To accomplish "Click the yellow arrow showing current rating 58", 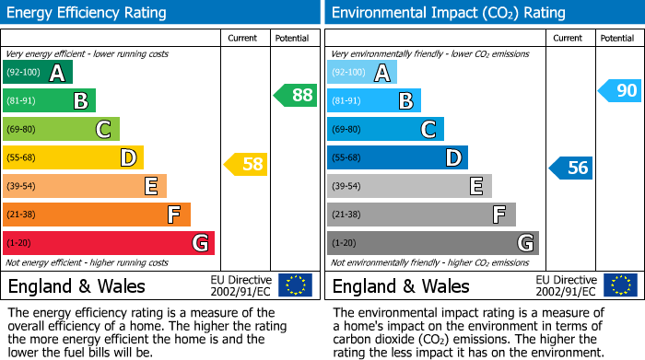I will coord(246,165).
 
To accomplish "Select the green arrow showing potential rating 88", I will coord(295,95).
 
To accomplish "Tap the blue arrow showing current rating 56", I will coord(570,168).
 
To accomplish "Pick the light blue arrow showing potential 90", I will coord(619,90).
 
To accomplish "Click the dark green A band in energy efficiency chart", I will coord(38,73).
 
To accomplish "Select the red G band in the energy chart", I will coord(109,243).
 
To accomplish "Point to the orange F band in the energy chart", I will coord(97,215).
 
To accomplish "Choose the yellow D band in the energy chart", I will coord(74,157).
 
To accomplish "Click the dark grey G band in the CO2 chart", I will coord(432,243).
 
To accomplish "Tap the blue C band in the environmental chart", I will coord(385,129).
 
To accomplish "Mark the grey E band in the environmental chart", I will coord(409,186).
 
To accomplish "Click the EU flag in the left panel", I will coord(295,285).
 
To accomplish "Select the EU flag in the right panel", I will coord(619,285).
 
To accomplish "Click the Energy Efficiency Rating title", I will coord(88,13).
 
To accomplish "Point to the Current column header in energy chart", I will coord(244,38).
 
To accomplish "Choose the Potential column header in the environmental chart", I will coord(617,38).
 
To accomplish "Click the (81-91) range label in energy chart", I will coord(23,101).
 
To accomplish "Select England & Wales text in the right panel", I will coord(401,286).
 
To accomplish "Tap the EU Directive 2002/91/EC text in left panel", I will coord(240,285).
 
